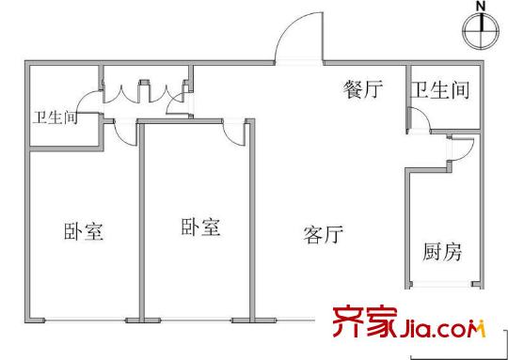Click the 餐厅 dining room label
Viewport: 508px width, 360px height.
coord(364,90)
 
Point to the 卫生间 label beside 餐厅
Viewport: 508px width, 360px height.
coord(440,90)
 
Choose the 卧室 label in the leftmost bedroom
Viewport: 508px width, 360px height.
coord(84,229)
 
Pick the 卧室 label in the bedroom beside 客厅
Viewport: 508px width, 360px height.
coord(200,227)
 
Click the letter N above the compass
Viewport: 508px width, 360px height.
coord(481,7)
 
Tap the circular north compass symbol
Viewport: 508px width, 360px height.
coord(481,32)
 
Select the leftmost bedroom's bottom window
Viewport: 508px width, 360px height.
coord(84,321)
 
